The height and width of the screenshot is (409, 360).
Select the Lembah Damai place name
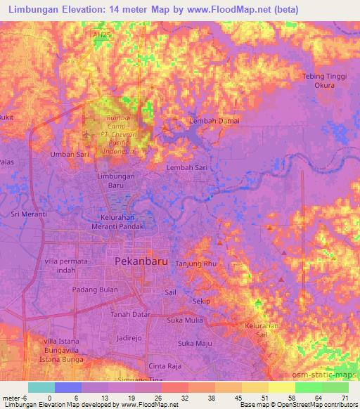[214, 121]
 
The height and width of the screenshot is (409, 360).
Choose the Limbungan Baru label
[116, 181]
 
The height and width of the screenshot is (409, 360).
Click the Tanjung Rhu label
[198, 264]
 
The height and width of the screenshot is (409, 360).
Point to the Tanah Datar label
[130, 314]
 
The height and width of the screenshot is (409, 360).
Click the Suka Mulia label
[185, 320]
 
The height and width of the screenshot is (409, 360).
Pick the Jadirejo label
[130, 338]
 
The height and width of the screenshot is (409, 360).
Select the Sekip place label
[202, 301]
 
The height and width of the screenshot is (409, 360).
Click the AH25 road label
[102, 34]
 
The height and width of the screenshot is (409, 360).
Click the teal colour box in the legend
[41, 387]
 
